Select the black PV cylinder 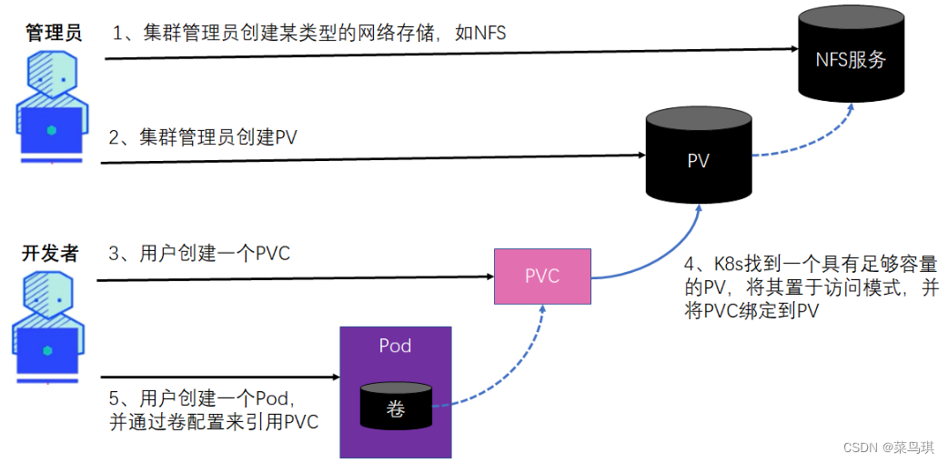pos(699,160)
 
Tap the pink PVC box pos(541,276)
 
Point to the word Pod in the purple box pos(395,346)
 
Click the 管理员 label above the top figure pos(53,33)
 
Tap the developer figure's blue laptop pos(47,350)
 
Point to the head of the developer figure pos(48,294)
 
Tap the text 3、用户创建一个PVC pos(199,254)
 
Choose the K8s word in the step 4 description pos(725,265)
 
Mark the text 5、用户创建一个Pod pos(206,398)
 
